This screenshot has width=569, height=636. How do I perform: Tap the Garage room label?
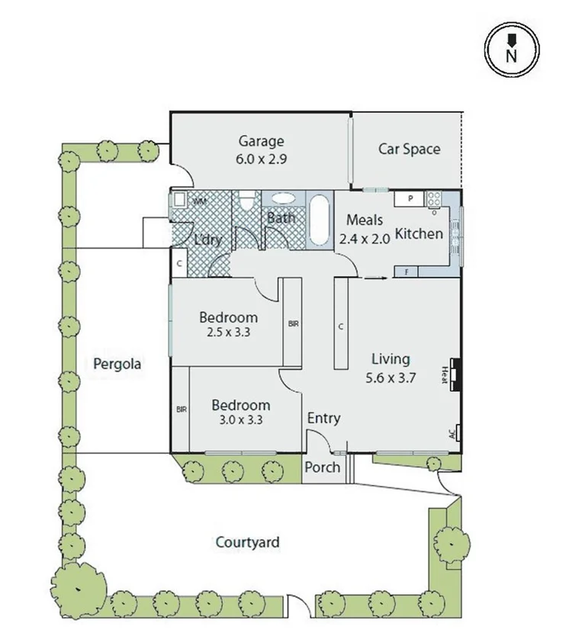(261, 141)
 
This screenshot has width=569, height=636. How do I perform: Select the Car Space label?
(409, 149)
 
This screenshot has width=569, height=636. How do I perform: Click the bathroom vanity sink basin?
(284, 198)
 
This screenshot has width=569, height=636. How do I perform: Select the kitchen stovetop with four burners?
(435, 199)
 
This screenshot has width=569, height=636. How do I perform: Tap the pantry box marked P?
(410, 199)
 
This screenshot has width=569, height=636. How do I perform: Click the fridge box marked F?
(407, 271)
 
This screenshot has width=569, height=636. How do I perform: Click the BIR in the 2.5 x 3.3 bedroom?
(293, 323)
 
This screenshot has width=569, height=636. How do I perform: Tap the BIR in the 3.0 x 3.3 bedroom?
(181, 410)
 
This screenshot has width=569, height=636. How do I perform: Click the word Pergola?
(117, 364)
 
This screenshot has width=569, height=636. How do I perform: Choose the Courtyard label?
(247, 543)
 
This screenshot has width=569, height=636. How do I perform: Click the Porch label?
(322, 467)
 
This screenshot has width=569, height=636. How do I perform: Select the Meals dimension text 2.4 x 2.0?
(364, 238)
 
